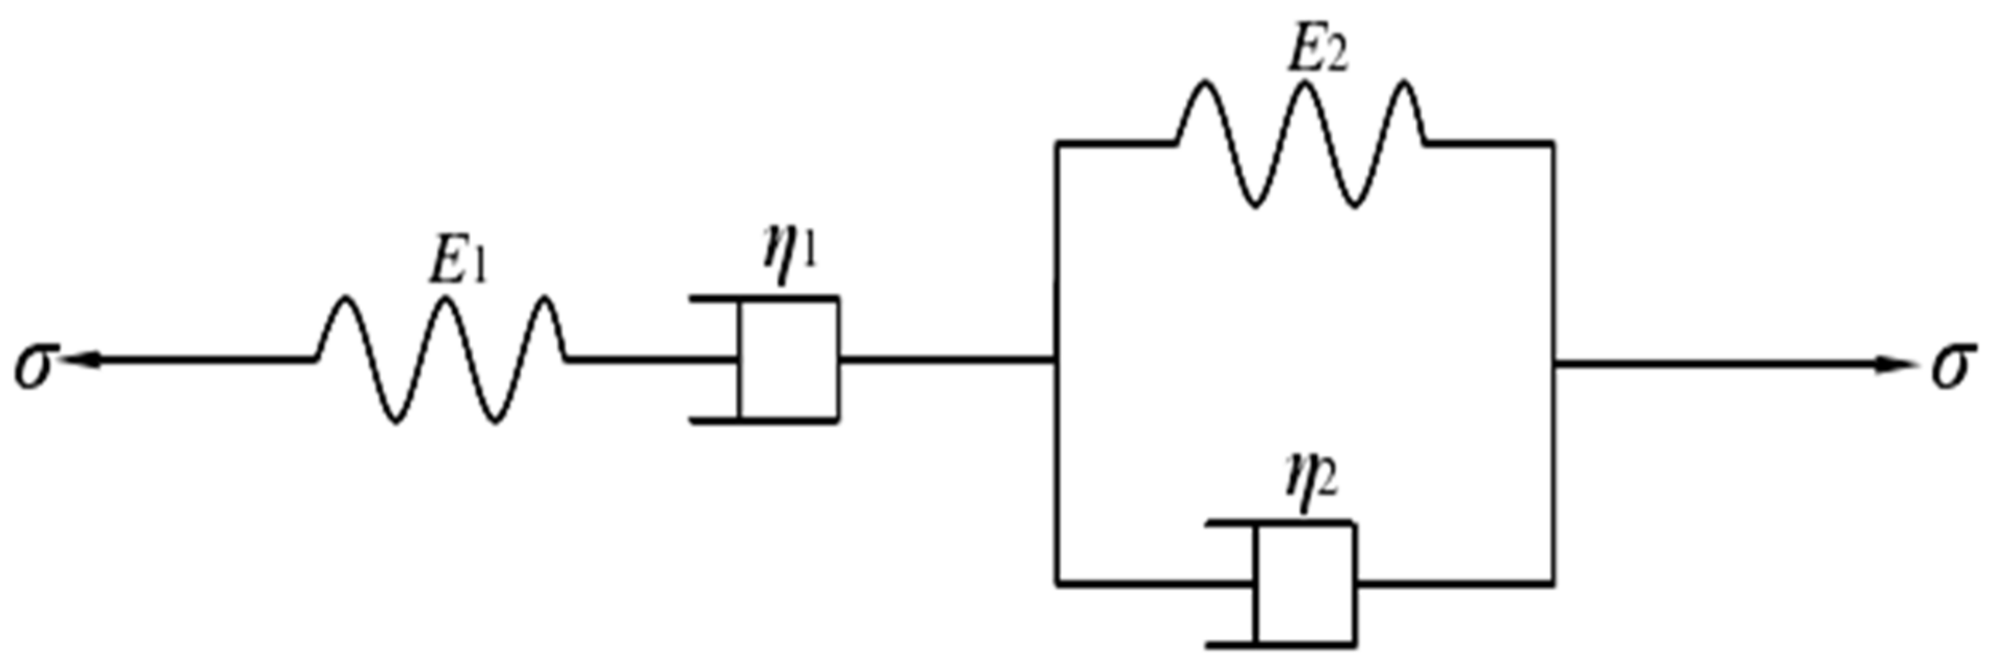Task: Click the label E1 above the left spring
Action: pos(458,263)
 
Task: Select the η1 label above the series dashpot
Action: pos(790,255)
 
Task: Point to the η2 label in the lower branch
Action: pos(1311,480)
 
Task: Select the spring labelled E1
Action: pos(443,359)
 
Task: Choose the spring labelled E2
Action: pos(1302,144)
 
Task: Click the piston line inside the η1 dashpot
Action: pos(740,359)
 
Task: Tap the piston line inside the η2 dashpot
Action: pos(1256,584)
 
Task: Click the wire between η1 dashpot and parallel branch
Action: pos(946,359)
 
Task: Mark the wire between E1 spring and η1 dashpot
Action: pos(647,359)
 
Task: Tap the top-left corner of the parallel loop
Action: pos(1058,144)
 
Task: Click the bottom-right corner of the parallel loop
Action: pos(1553,584)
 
